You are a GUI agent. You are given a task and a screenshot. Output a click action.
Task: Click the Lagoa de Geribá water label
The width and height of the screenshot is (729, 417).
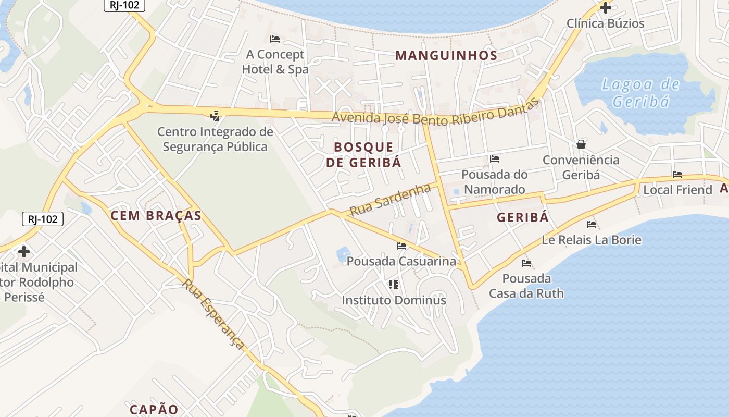click(640, 92)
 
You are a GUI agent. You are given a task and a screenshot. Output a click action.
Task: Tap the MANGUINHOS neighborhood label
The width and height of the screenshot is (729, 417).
click(446, 55)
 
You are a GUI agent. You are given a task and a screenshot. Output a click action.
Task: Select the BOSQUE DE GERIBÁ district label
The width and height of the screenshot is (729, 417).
click(363, 154)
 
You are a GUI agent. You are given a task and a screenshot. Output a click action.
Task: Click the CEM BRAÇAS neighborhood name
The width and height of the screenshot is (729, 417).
click(156, 216)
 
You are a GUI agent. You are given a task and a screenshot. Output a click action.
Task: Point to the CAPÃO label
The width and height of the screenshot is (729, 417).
click(154, 409)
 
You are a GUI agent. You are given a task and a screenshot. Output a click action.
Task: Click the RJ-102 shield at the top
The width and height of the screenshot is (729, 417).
click(124, 5)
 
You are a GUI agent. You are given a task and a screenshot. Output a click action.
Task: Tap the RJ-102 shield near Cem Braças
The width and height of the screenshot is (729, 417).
click(43, 219)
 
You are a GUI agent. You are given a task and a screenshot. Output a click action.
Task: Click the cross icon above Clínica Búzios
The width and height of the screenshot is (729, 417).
click(605, 8)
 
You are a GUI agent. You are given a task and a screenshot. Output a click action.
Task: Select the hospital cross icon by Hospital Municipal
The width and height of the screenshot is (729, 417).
click(24, 252)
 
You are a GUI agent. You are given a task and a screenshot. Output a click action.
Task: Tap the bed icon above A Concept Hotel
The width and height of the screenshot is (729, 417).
click(275, 39)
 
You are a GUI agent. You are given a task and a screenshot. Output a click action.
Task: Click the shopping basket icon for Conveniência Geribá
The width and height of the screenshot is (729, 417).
click(581, 144)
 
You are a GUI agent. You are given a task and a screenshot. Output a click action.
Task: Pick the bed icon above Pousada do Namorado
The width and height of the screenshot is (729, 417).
click(495, 158)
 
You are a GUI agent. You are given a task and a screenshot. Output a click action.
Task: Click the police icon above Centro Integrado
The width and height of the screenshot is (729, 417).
click(215, 116)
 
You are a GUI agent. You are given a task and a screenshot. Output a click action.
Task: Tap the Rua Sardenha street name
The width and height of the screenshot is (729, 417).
click(390, 200)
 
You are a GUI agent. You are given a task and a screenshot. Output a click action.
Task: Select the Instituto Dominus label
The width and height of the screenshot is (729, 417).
click(394, 300)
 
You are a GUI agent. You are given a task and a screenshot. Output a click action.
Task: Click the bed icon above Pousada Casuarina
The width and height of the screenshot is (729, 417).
click(401, 246)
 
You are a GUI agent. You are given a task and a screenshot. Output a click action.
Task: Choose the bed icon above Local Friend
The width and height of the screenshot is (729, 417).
click(677, 175)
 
